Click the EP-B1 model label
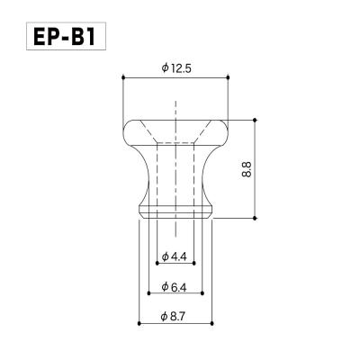(65, 37)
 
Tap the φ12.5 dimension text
(176, 68)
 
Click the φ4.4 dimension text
(174, 256)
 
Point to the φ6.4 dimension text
(174, 287)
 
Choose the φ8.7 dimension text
(174, 317)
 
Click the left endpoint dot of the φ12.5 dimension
(123, 77)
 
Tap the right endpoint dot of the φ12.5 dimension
(228, 77)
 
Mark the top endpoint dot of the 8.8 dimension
(255, 120)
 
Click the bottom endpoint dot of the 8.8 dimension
(255, 218)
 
